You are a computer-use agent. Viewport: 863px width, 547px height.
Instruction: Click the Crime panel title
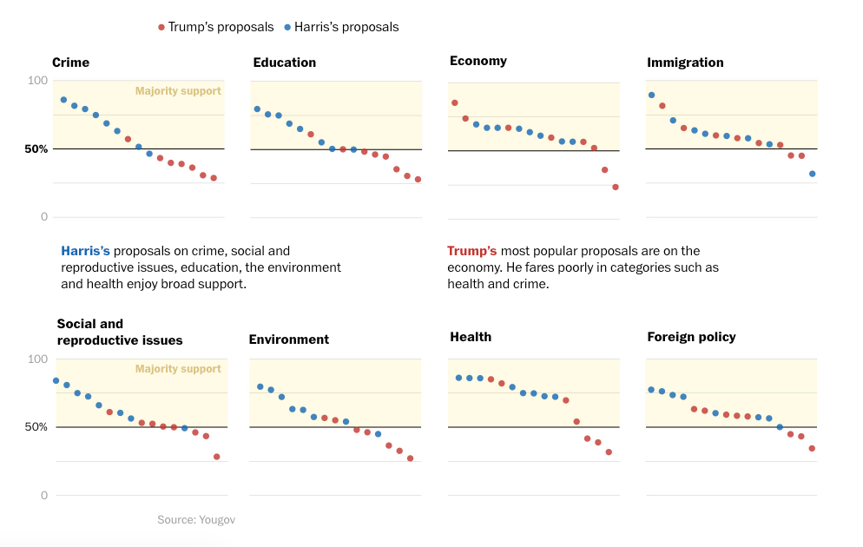coord(70,63)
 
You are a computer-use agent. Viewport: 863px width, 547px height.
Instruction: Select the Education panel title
coord(284,63)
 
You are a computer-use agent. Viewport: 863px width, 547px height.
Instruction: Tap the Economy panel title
coord(478,61)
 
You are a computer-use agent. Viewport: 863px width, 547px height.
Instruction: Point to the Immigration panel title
coord(685,63)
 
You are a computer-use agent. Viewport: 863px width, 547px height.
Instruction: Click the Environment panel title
coord(288,339)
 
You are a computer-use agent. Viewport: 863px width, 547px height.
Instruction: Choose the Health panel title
coord(471,337)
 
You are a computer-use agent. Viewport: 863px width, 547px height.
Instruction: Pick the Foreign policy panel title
coord(691,337)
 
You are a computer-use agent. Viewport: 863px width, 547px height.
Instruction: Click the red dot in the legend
coord(161,27)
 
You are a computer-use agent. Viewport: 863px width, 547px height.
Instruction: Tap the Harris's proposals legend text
coord(346,27)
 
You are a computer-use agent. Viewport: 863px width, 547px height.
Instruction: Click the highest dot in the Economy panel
coord(454,102)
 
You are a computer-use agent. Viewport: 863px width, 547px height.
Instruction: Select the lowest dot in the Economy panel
coord(616,187)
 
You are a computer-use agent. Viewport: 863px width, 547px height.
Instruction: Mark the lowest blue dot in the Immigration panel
coord(812,174)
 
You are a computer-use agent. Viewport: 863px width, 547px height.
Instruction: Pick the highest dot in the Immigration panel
coord(651,95)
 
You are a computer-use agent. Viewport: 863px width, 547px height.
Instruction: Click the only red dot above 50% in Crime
coord(128,139)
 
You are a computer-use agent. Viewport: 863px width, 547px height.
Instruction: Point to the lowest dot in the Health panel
coord(609,451)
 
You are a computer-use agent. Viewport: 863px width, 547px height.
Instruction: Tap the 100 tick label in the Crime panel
coord(37,81)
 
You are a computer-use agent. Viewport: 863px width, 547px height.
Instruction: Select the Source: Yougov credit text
coord(196,519)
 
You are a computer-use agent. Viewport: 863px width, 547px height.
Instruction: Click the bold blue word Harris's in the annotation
coord(85,251)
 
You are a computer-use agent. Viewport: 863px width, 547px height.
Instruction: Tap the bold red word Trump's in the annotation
coord(471,251)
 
